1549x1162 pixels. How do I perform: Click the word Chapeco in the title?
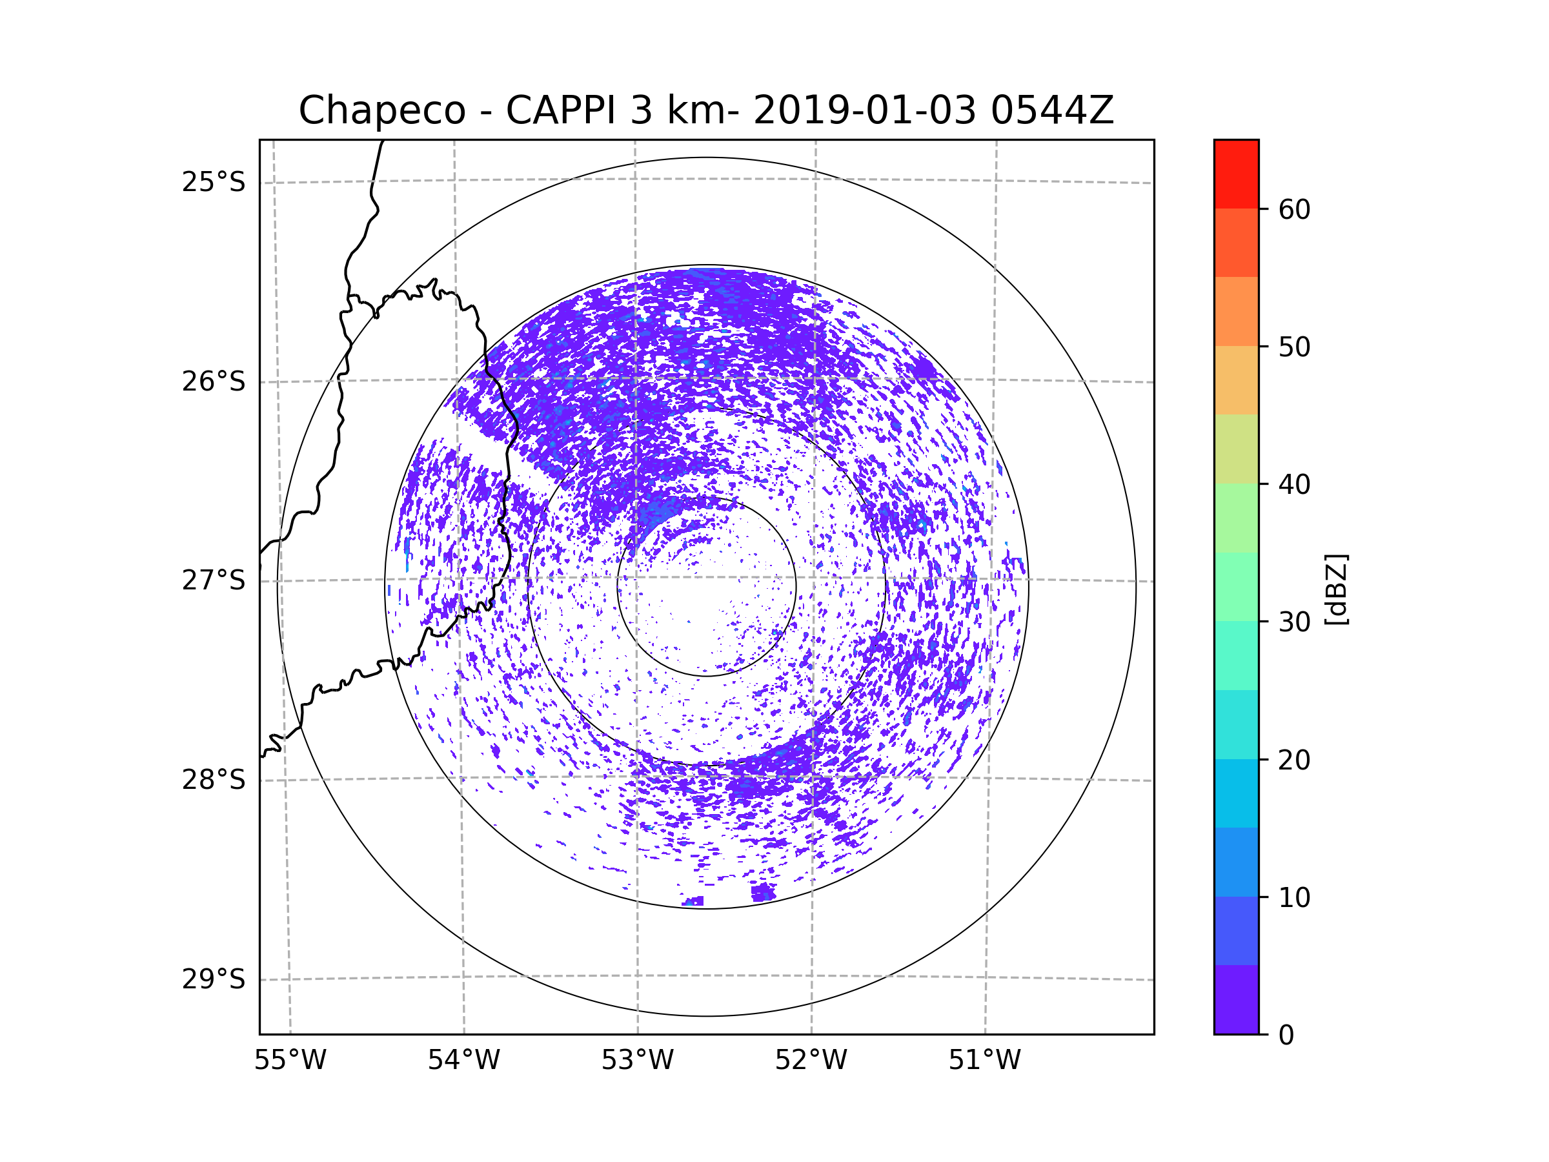381,110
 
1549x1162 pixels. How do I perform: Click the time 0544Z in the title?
1052,110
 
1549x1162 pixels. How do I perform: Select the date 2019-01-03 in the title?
864,110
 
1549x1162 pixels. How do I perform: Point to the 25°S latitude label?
214,182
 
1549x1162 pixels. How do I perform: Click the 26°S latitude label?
214,382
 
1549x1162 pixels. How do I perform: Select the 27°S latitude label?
214,580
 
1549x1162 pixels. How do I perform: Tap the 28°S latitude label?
214,780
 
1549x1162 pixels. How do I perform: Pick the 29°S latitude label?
214,979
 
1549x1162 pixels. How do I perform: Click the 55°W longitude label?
290,1061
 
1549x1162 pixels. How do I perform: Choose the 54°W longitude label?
463,1061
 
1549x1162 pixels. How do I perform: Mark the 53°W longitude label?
637,1061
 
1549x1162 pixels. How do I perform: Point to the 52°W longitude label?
811,1061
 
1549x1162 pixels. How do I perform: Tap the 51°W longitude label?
984,1061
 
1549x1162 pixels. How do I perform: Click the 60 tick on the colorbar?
1294,209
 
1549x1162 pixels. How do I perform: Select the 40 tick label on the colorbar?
1294,484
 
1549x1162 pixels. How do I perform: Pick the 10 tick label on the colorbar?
1294,897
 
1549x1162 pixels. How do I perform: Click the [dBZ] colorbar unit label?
1336,589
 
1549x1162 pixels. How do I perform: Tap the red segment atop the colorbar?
1236,174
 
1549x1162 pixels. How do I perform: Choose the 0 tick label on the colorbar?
1286,1035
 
